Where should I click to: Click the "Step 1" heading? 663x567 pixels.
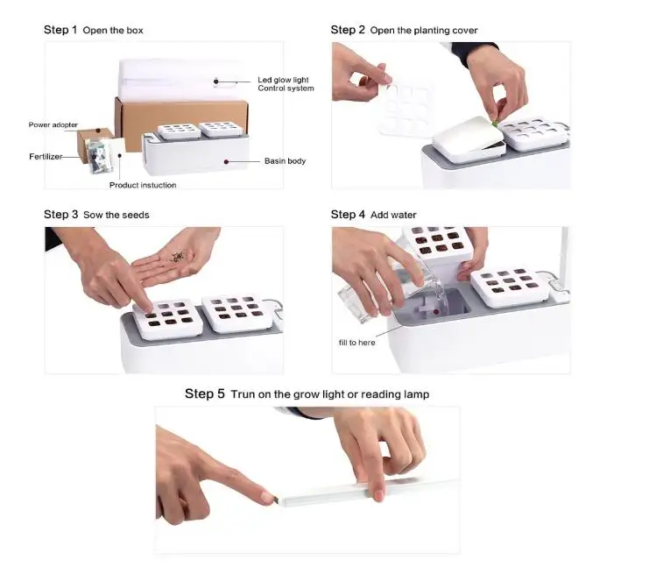coord(60,30)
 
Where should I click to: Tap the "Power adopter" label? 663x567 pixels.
coord(53,124)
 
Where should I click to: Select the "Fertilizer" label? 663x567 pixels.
coord(46,157)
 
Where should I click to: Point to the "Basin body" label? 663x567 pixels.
coord(285,160)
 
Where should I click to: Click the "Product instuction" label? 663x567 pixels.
coord(143,185)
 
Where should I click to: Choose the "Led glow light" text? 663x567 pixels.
coord(283,80)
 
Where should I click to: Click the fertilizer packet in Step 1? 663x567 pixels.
coord(99,157)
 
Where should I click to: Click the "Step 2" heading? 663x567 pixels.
coord(348,30)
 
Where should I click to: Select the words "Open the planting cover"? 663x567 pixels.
coord(424,31)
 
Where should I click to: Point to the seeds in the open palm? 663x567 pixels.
coord(178,256)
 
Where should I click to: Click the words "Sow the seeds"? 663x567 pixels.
coord(116,215)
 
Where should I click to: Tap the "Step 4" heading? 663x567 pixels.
coord(348,215)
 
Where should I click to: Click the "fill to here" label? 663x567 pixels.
coord(356,343)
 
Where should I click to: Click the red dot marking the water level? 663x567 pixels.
coord(436,312)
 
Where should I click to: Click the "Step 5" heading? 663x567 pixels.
coord(205,393)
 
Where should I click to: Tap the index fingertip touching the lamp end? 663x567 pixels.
coord(270,498)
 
